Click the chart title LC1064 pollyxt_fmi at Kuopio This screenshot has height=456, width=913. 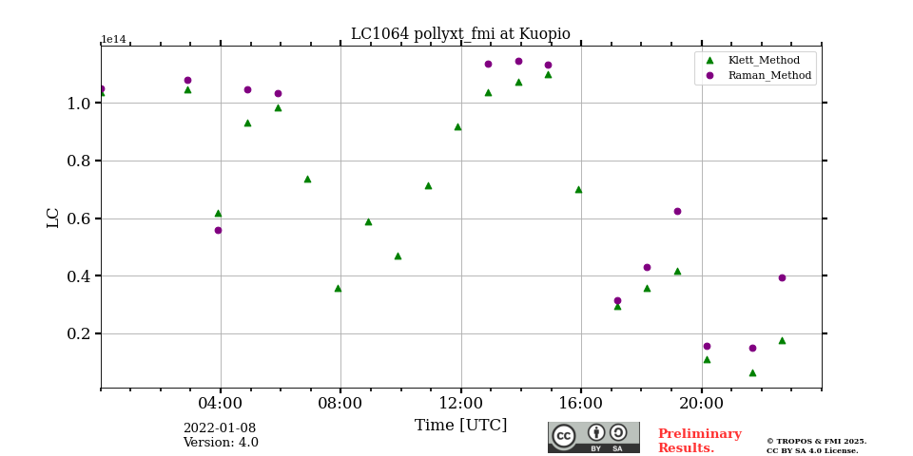point(460,34)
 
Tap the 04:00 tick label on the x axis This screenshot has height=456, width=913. point(221,403)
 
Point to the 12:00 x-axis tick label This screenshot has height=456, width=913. point(460,403)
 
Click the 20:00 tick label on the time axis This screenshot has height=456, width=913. point(701,403)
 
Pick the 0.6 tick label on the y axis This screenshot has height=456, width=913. point(78,218)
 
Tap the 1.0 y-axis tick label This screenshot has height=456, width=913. point(78,104)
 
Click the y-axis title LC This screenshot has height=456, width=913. point(53,218)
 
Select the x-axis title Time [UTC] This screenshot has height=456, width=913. point(460,426)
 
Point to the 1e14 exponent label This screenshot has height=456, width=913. point(113,40)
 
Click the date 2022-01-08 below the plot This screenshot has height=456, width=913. point(219,428)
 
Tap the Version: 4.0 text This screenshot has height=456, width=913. point(221,443)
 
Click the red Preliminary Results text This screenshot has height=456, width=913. point(699,441)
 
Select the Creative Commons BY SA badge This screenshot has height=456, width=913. point(593,437)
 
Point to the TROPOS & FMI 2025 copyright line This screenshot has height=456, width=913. point(816,441)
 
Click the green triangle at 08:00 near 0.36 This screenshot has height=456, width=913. point(338,288)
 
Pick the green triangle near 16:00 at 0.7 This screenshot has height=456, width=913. point(578,189)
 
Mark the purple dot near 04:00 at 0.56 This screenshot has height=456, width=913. point(218,230)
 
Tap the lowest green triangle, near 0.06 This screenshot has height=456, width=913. point(752,372)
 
